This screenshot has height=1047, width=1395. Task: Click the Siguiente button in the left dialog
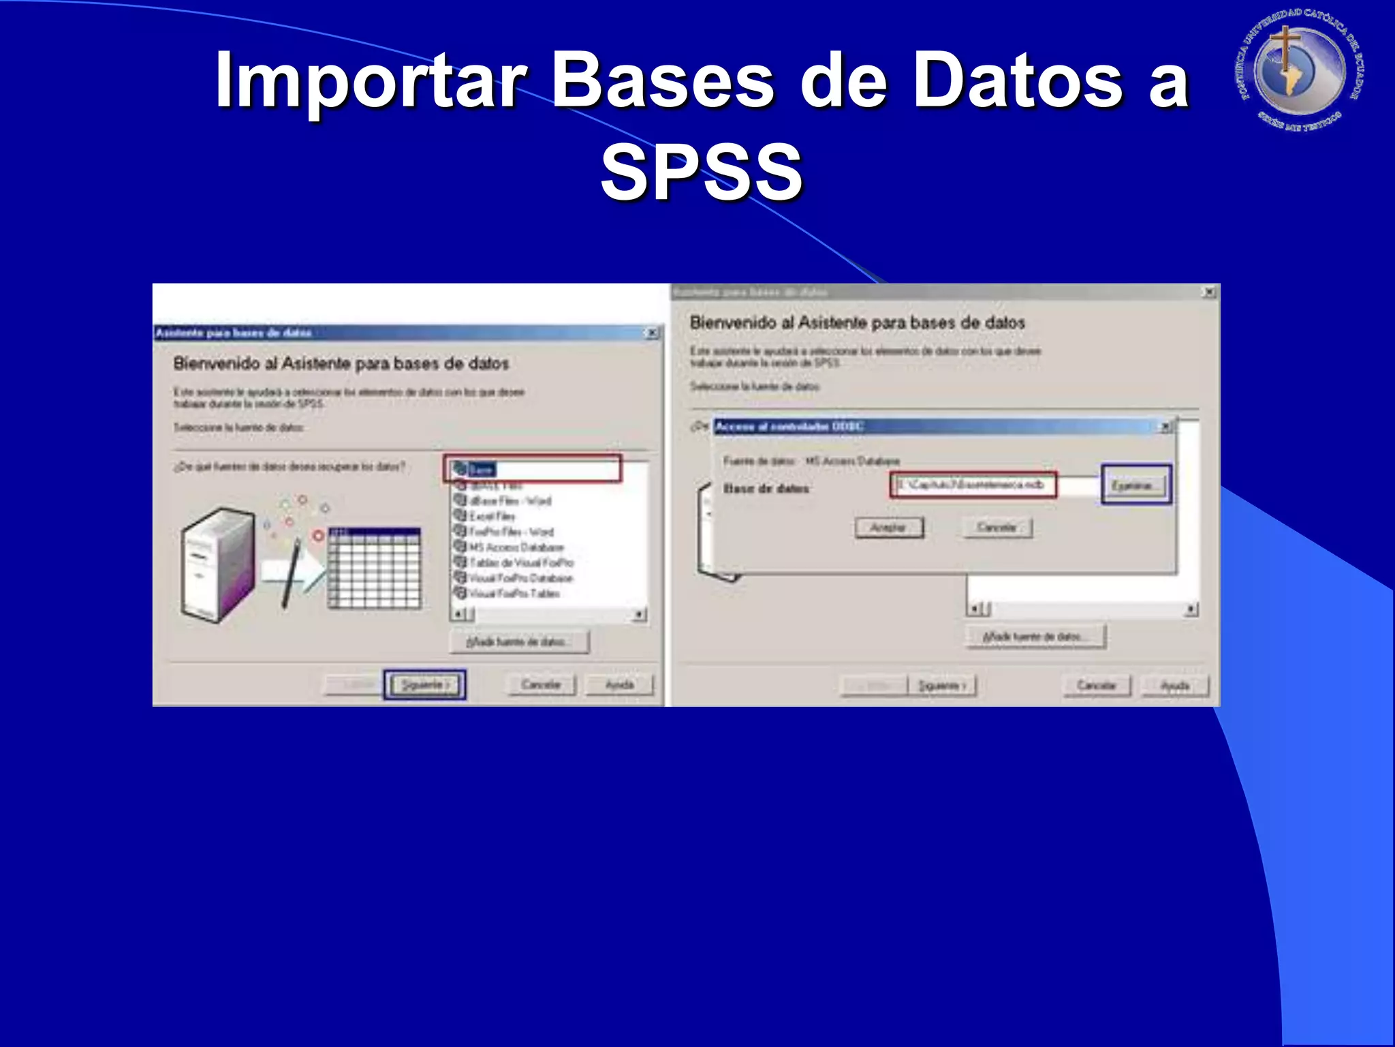(424, 684)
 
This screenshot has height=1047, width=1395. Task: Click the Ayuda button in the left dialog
(619, 684)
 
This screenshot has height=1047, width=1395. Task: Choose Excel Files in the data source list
(492, 516)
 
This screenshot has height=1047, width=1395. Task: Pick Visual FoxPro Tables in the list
(514, 594)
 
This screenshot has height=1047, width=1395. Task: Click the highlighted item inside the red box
(481, 470)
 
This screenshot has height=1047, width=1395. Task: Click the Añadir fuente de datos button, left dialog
(519, 641)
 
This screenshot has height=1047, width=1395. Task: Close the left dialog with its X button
(652, 333)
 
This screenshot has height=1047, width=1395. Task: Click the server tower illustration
(217, 564)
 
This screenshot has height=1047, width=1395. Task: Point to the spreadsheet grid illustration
(374, 567)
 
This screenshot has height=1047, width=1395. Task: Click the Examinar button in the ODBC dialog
(1135, 485)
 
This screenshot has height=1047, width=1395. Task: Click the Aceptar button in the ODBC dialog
(888, 528)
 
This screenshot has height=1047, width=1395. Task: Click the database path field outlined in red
(972, 485)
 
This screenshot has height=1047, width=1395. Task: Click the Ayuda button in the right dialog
(1174, 685)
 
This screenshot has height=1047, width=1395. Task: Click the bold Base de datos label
(766, 489)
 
